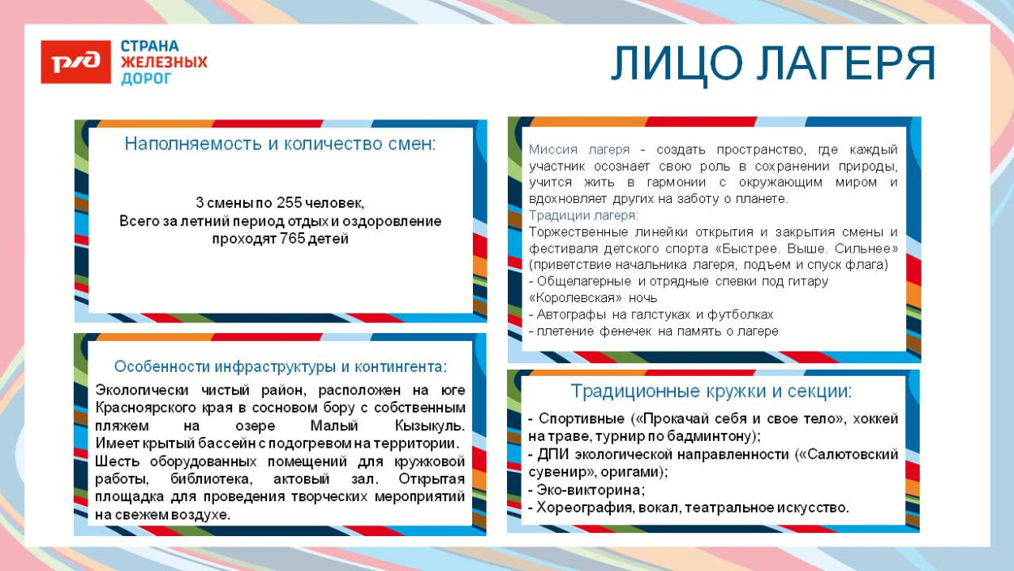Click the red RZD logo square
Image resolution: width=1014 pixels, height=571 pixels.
(x=75, y=62)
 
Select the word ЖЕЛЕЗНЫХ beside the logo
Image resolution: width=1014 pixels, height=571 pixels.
(x=164, y=63)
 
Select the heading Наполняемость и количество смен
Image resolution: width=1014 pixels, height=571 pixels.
(x=280, y=145)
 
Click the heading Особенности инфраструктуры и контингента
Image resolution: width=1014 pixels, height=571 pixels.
(x=280, y=366)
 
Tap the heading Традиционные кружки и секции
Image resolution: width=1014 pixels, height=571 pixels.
(x=711, y=391)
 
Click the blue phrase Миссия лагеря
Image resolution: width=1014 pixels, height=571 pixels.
(x=579, y=149)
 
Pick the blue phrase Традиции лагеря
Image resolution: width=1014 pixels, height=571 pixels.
(x=583, y=215)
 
